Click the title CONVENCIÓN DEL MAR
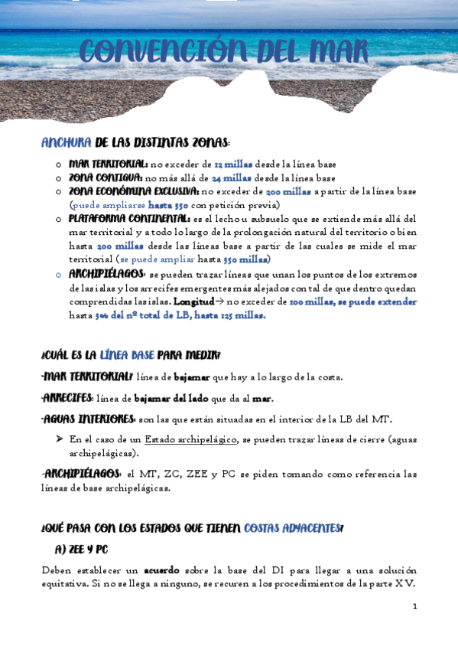tap(225, 52)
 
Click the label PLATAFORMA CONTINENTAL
tap(130, 218)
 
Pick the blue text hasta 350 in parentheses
tap(167, 205)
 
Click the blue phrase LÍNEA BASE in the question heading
tap(126, 354)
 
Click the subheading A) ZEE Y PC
tap(83, 549)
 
